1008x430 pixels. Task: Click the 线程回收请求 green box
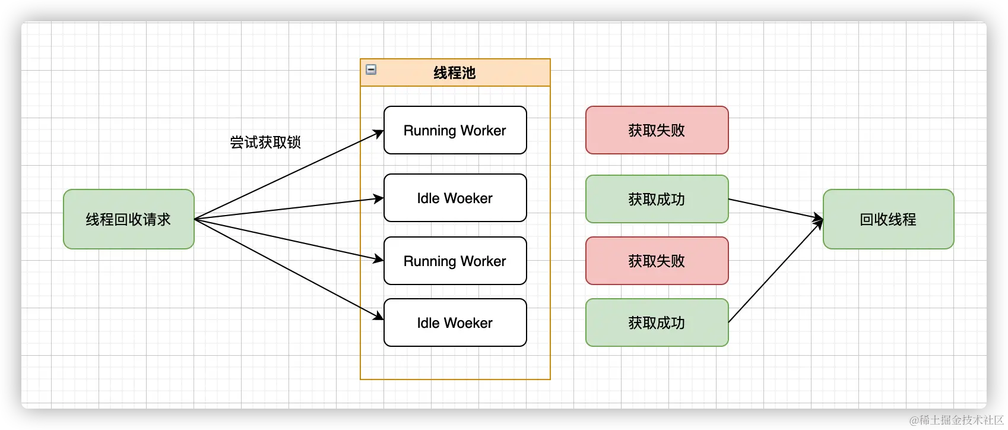(x=129, y=219)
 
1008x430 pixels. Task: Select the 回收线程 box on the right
(x=888, y=219)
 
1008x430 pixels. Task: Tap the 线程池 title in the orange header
(x=455, y=72)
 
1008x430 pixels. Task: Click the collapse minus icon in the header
(x=371, y=69)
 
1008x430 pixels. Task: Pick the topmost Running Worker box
(x=455, y=130)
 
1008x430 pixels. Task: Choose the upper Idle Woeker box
(x=455, y=198)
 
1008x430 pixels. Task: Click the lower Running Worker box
(x=455, y=261)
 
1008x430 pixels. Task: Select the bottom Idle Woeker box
(x=455, y=322)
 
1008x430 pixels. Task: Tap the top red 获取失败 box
(x=657, y=130)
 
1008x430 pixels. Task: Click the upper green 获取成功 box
(x=657, y=199)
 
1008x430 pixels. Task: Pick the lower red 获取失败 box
(x=657, y=261)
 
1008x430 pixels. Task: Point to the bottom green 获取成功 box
(x=657, y=322)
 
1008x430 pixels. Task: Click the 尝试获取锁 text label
(x=265, y=142)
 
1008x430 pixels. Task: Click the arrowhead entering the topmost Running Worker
(x=379, y=134)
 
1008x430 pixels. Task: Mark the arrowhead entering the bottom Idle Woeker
(x=379, y=316)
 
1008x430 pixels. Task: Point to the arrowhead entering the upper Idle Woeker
(x=379, y=198)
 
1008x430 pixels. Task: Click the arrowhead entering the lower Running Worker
(x=379, y=259)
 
